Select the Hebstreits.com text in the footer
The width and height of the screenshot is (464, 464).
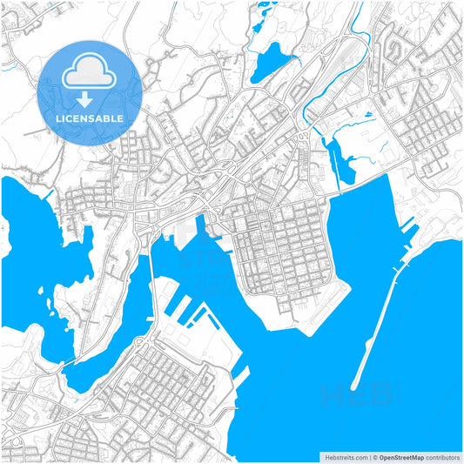tap(345, 457)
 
